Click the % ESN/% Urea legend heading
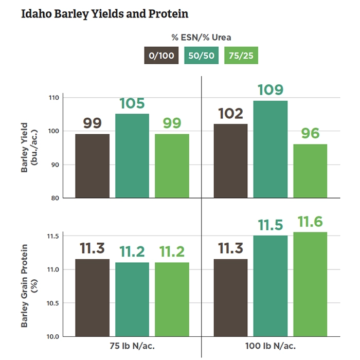[201, 38]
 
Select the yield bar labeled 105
[132, 156]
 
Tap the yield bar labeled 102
[231, 160]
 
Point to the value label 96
[310, 133]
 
